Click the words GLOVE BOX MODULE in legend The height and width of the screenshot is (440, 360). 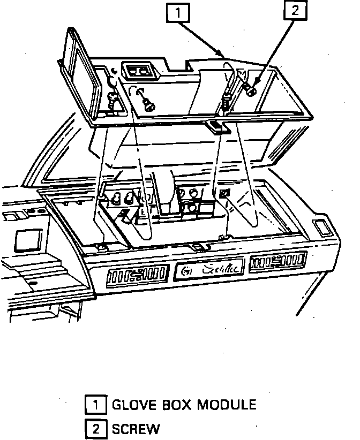click(184, 405)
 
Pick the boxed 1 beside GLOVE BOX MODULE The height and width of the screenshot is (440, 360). click(95, 405)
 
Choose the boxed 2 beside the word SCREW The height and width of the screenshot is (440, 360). click(95, 428)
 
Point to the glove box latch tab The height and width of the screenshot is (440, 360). click(214, 126)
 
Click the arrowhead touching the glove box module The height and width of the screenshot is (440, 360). click(221, 54)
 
